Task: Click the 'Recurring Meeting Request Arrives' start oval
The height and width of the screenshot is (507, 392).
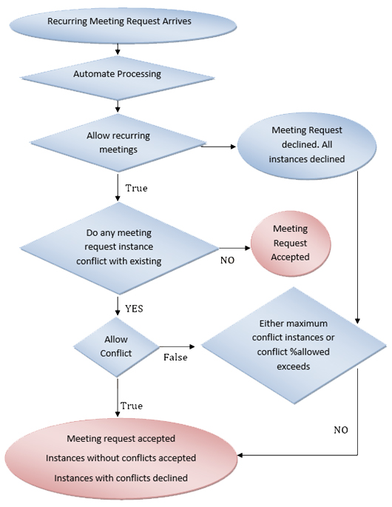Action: (x=119, y=21)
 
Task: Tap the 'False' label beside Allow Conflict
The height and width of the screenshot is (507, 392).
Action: (x=175, y=357)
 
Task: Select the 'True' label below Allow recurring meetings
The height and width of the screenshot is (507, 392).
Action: (x=135, y=188)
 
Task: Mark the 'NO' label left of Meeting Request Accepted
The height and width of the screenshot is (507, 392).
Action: (x=229, y=260)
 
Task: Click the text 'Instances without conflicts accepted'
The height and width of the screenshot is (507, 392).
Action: (x=121, y=458)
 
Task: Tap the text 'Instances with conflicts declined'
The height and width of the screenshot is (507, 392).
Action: (x=121, y=477)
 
